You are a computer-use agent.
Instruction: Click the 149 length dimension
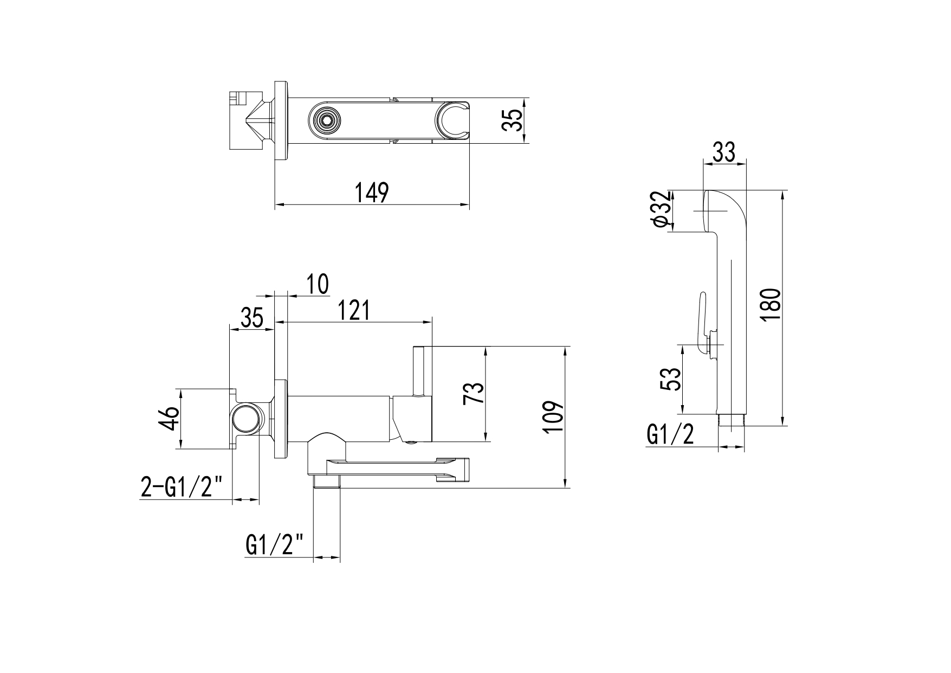[372, 193]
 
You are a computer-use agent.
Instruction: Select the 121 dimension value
[353, 310]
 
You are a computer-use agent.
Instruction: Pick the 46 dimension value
[171, 418]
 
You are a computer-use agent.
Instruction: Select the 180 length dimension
[769, 304]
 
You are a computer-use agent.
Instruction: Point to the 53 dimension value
[671, 379]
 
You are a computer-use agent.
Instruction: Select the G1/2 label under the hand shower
[670, 434]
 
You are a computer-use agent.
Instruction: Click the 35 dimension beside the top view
[513, 120]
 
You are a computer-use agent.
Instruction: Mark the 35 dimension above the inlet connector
[251, 317]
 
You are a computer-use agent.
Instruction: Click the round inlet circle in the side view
[245, 419]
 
